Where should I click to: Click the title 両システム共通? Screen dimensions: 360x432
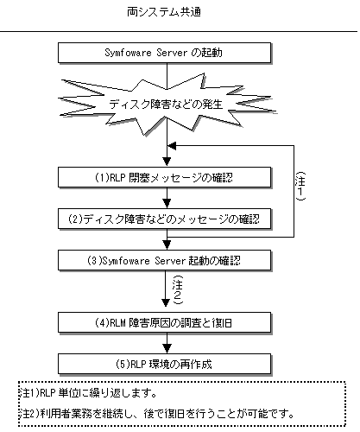coord(164,12)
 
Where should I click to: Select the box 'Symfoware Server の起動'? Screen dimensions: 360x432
coord(165,53)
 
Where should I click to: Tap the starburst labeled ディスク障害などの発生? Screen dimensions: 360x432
coord(167,104)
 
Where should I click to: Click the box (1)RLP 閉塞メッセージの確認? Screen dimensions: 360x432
coord(165,177)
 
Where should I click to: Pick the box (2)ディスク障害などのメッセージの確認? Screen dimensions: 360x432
coord(165,219)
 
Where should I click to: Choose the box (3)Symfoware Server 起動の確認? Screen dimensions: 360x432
coord(165,260)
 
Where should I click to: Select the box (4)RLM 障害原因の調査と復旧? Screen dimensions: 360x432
coord(165,322)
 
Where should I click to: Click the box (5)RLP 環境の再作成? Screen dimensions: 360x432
coord(165,364)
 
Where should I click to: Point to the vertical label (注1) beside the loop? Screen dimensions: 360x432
coord(300,186)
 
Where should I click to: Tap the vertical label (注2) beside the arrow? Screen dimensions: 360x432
coord(178,290)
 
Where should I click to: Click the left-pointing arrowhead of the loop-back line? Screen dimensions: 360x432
coord(172,146)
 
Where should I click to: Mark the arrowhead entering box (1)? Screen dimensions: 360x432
coord(167,162)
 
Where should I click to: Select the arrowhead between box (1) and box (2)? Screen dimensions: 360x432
coord(167,203)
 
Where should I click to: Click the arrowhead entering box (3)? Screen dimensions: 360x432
coord(167,245)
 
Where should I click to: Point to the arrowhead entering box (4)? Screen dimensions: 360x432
coord(166,303)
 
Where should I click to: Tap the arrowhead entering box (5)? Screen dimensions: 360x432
coord(167,348)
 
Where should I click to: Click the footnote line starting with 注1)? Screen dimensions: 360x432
coord(88,393)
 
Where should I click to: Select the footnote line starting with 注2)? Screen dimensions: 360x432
coord(157,414)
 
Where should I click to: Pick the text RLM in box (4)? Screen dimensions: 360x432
coord(118,323)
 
